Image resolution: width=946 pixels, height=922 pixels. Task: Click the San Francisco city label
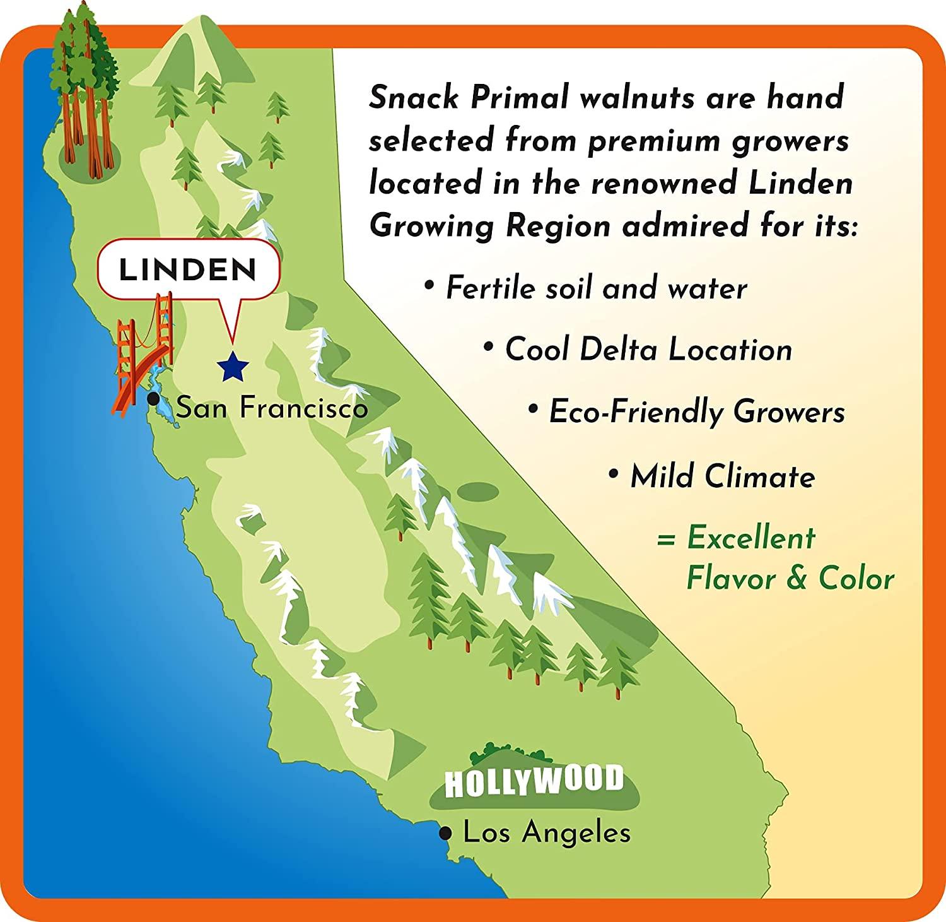pyautogui.click(x=272, y=408)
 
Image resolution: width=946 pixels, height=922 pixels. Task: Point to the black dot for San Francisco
pyautogui.click(x=153, y=399)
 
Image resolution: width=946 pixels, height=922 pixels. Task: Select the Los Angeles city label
pyautogui.click(x=547, y=833)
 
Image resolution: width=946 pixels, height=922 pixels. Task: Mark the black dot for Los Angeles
pyautogui.click(x=447, y=834)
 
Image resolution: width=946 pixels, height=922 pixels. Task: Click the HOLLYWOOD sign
pyautogui.click(x=534, y=781)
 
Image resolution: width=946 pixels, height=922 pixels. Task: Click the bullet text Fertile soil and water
pyautogui.click(x=596, y=289)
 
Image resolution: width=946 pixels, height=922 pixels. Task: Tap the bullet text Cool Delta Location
pyautogui.click(x=648, y=350)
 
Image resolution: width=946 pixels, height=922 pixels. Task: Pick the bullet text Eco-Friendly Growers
pyautogui.click(x=697, y=413)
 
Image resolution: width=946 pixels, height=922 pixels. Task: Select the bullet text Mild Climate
pyautogui.click(x=722, y=476)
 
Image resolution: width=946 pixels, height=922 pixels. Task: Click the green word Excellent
pyautogui.click(x=751, y=538)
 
